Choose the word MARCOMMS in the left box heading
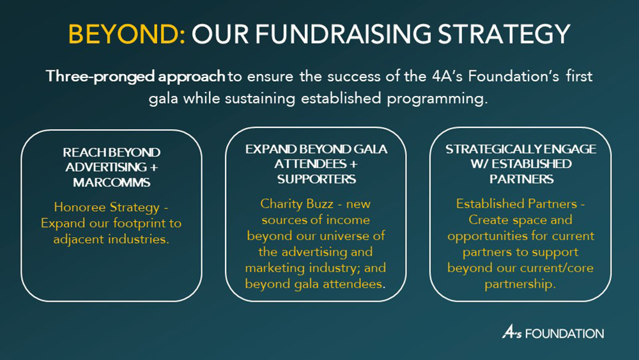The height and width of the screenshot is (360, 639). pyautogui.click(x=111, y=182)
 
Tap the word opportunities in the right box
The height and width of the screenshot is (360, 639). pyautogui.click(x=488, y=236)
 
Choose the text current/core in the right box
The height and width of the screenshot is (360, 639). pyautogui.click(x=557, y=268)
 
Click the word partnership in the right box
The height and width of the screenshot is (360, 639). pyautogui.click(x=520, y=284)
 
